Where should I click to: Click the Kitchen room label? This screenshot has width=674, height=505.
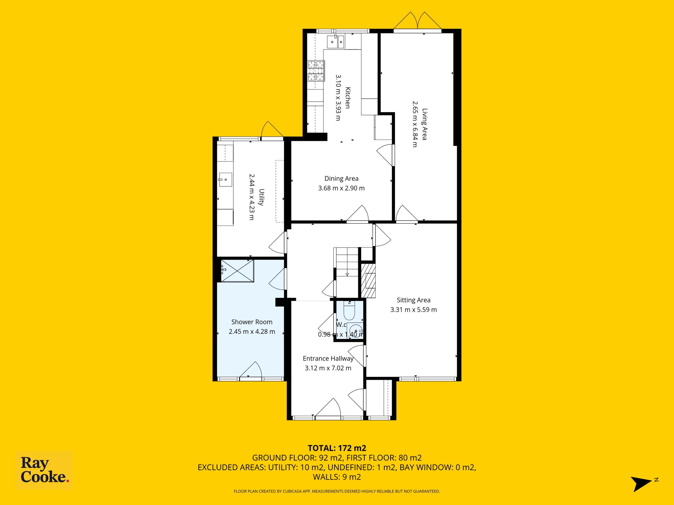347,98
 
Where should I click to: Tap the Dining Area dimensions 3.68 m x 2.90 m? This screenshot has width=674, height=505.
341,188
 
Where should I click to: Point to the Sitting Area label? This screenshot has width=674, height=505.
413,300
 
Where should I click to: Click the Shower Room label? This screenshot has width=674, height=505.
252,322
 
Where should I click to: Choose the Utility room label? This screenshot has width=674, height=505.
261,197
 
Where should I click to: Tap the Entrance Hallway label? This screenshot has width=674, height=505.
328,358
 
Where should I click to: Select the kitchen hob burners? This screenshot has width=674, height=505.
316,71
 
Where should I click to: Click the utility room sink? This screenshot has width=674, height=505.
225,180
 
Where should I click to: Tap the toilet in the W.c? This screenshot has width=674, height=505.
349,310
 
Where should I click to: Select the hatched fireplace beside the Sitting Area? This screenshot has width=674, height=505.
368,280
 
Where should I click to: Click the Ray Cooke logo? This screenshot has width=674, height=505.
44,470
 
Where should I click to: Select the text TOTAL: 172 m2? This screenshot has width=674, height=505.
337,448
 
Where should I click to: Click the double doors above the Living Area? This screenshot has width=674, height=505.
417,21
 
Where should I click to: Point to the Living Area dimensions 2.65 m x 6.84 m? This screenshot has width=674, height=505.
415,124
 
